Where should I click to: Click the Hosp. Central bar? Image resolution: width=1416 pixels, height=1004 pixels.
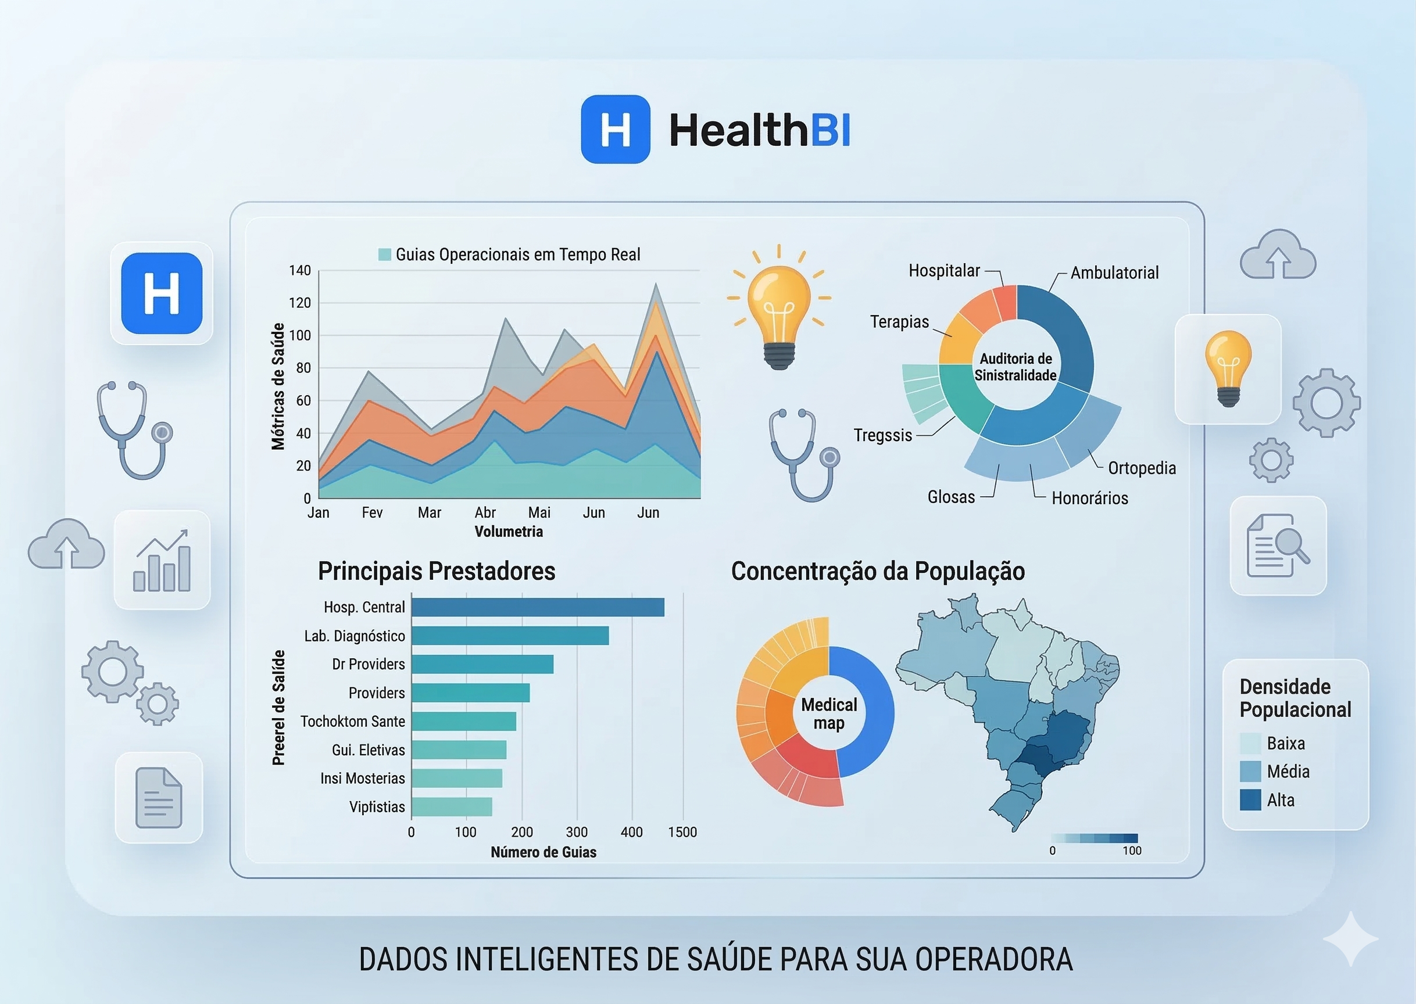[x=537, y=607]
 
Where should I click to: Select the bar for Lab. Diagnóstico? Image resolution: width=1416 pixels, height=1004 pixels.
[x=510, y=636]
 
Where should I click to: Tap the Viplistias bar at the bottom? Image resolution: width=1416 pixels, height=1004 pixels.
[x=452, y=807]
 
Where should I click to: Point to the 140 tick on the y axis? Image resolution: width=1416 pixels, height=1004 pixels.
[x=300, y=270]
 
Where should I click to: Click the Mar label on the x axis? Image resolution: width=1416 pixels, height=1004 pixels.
[x=429, y=512]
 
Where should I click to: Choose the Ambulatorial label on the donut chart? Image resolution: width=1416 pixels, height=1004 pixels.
[x=1114, y=272]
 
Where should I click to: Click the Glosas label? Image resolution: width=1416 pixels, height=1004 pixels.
[x=951, y=497]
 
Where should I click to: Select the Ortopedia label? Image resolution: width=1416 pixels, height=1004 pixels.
[x=1142, y=468]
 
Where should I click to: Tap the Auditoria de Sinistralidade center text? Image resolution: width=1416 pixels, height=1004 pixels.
[x=1015, y=367]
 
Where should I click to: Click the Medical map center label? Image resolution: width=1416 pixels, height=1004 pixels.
[x=828, y=713]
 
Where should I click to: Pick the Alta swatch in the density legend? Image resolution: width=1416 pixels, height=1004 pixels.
[x=1250, y=800]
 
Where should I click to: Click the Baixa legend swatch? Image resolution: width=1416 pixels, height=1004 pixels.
[x=1250, y=743]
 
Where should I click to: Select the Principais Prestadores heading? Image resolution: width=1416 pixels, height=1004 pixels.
[x=437, y=571]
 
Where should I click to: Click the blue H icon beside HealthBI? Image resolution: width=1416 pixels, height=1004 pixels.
[x=615, y=129]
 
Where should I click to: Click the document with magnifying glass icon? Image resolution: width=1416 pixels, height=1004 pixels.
[x=1278, y=546]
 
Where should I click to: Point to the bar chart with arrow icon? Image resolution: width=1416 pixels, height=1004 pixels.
[x=162, y=560]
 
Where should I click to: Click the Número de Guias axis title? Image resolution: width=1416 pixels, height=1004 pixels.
[x=543, y=852]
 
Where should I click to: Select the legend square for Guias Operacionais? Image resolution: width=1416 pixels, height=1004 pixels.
[x=385, y=254]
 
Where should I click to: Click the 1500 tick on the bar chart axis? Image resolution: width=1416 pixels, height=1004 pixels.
[x=682, y=832]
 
